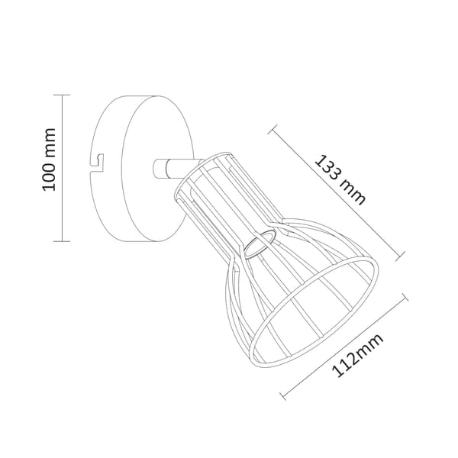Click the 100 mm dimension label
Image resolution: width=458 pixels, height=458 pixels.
[49, 160]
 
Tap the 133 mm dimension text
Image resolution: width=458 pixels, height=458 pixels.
[340, 180]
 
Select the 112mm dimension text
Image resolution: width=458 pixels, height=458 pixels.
[357, 355]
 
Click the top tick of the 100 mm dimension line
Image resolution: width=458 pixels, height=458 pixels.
[62, 95]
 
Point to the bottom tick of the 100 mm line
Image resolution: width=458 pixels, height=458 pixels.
[62, 241]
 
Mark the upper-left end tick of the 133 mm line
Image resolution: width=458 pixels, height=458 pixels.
[273, 129]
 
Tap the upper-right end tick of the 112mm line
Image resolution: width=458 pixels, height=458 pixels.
[405, 297]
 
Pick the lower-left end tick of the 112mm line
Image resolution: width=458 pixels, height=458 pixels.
[282, 395]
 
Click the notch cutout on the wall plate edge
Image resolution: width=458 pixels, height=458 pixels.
[97, 163]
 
